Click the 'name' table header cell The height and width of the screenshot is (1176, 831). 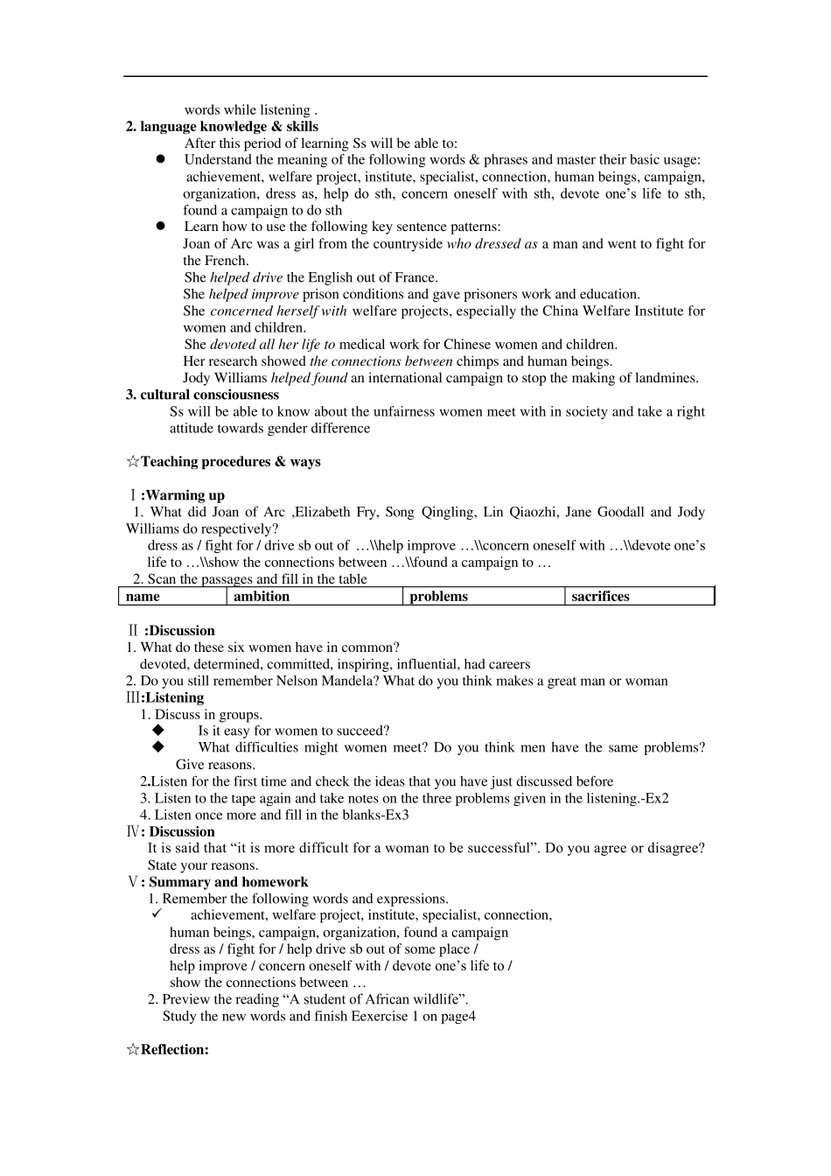[143, 597]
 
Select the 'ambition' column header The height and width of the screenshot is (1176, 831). [262, 597]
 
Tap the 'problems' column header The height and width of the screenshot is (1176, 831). [438, 597]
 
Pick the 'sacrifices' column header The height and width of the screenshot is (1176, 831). [600, 597]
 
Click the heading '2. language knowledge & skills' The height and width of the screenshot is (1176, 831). [222, 127]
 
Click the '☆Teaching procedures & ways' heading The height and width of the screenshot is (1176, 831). [223, 462]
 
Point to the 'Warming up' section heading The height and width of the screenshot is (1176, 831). [182, 495]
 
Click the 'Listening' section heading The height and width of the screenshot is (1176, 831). [173, 698]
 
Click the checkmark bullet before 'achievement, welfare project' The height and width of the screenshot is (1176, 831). [157, 914]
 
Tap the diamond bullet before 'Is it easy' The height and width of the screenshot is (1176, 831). [158, 731]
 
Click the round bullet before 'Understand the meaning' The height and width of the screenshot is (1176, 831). [161, 159]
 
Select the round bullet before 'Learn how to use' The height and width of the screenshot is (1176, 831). [161, 227]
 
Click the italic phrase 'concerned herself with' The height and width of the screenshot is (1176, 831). [278, 311]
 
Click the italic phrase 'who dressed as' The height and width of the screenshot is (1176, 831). [492, 244]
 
